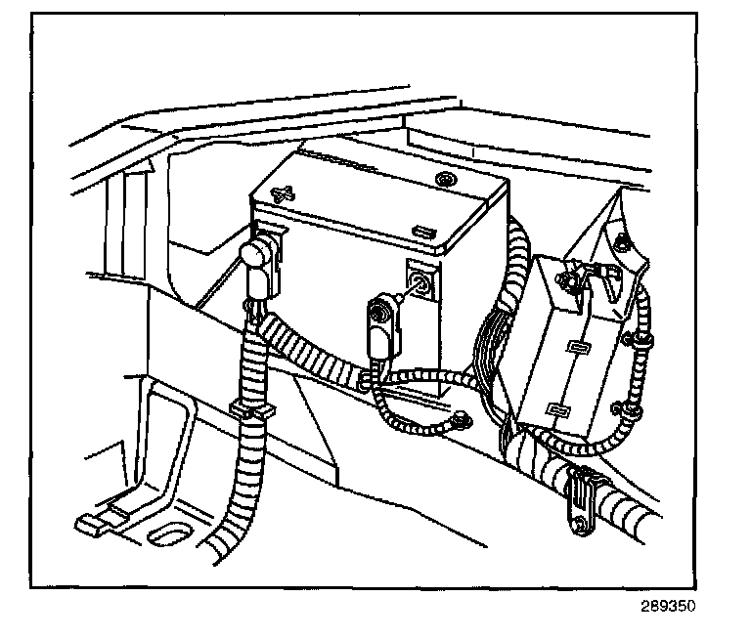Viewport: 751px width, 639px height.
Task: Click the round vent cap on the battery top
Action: (446, 180)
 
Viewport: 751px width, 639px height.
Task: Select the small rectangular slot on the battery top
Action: (424, 232)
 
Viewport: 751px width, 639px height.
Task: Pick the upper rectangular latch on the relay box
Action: (574, 349)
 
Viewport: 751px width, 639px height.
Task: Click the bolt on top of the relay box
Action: (566, 284)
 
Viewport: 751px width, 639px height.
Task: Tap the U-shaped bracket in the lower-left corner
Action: (147, 469)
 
